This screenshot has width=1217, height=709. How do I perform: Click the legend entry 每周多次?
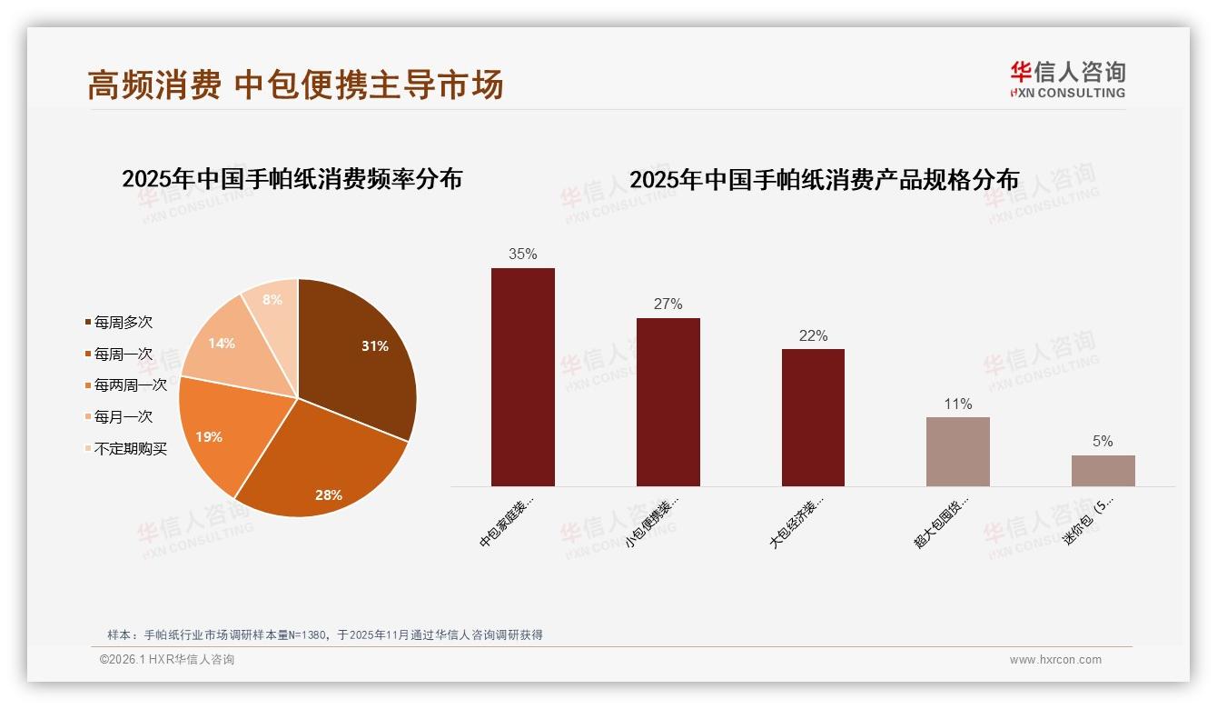pyautogui.click(x=123, y=323)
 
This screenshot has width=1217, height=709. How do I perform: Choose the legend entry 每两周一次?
pyautogui.click(x=130, y=385)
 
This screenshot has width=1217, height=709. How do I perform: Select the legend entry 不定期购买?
pyautogui.click(x=130, y=449)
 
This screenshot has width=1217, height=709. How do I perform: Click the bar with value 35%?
pyautogui.click(x=522, y=376)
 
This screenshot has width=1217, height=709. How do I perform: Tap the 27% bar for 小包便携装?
pyautogui.click(x=668, y=402)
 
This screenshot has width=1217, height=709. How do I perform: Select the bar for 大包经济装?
pyautogui.click(x=813, y=417)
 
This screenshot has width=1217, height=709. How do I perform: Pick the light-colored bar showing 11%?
pyautogui.click(x=957, y=451)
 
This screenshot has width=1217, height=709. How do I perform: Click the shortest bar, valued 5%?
pyautogui.click(x=1103, y=470)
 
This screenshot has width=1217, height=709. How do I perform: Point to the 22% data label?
pyautogui.click(x=813, y=335)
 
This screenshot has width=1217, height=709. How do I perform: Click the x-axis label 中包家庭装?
pyautogui.click(x=507, y=523)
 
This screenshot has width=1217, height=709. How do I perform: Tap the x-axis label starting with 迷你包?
pyautogui.click(x=1088, y=523)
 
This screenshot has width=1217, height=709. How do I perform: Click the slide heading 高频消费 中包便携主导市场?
pyautogui.click(x=295, y=85)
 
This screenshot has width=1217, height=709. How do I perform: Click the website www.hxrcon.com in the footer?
pyautogui.click(x=1055, y=660)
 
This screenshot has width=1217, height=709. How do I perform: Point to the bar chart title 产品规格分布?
pyautogui.click(x=824, y=180)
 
